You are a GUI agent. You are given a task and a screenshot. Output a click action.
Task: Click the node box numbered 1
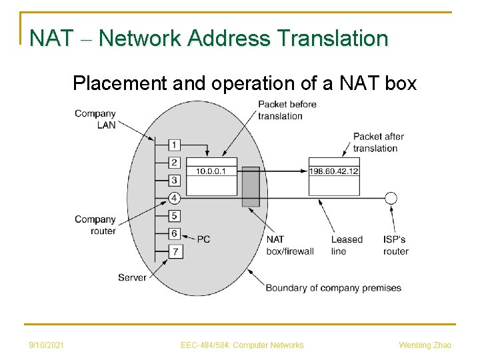click(174, 145)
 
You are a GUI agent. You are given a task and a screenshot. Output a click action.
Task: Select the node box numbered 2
click(174, 163)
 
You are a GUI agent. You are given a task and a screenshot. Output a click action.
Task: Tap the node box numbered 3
click(174, 180)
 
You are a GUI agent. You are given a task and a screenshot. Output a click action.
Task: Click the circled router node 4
click(174, 198)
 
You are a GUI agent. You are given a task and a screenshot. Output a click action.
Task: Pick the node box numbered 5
click(174, 215)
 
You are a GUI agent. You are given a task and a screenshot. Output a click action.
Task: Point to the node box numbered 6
click(174, 233)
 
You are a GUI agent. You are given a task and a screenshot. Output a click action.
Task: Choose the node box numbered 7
click(174, 251)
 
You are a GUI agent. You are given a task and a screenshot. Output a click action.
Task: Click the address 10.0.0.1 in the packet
click(211, 171)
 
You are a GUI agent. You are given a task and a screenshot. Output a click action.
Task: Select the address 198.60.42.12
click(334, 171)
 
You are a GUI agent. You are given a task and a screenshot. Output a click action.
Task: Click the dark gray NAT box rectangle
click(251, 187)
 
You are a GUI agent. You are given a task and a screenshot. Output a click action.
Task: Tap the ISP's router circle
click(391, 198)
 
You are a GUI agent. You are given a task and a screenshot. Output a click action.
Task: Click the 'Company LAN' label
click(95, 119)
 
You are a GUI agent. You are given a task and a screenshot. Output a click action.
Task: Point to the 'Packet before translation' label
click(287, 110)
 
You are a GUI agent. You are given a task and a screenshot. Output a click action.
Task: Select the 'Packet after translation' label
click(378, 142)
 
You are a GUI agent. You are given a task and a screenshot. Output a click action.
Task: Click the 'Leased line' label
click(347, 245)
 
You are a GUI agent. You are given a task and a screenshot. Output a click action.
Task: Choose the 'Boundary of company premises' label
click(333, 288)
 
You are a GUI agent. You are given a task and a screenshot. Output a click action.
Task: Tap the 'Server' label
click(132, 277)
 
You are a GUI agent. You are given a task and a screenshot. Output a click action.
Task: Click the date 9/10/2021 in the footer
click(47, 345)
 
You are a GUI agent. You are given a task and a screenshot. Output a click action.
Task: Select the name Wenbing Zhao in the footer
click(425, 345)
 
